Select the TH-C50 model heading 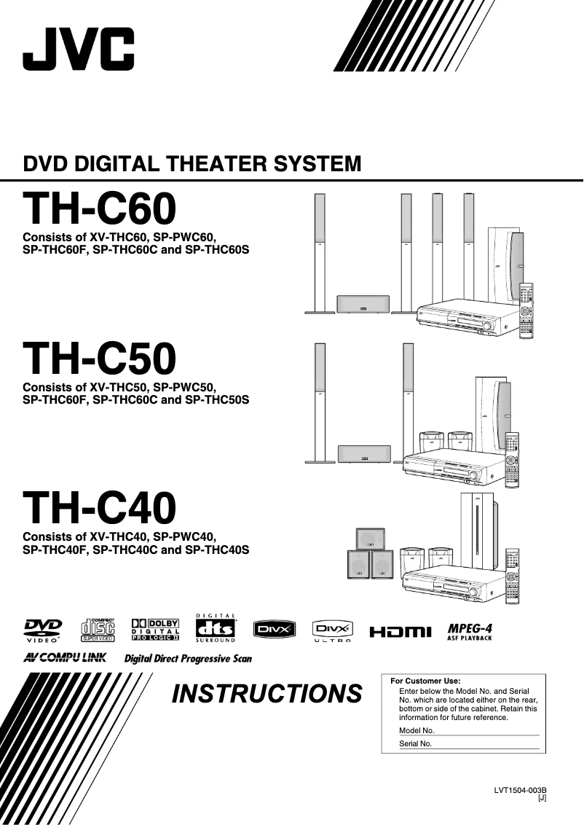coord(100,359)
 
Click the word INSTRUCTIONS coord(267,694)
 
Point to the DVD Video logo coord(44,630)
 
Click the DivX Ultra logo coord(332,630)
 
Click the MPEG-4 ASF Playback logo coord(470,630)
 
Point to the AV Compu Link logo coord(65,658)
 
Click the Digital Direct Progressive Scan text coord(188,659)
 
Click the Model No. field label coord(417,730)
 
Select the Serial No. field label coord(416,744)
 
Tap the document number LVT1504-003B coord(520,791)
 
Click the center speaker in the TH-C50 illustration coord(363,454)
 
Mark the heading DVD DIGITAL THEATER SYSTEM coord(192,163)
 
